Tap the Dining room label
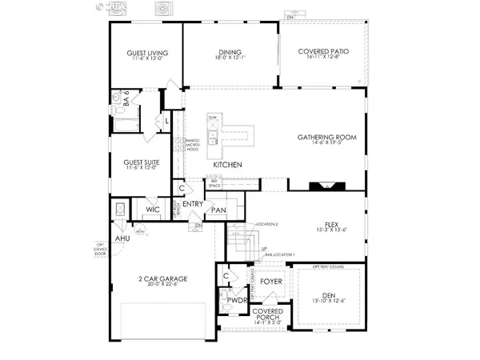[x=230, y=55]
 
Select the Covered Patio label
[x=324, y=55]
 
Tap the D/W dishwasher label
[x=213, y=118]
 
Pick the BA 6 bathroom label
[x=137, y=102]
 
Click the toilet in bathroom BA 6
[x=118, y=99]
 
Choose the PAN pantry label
[x=218, y=210]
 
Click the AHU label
[x=122, y=238]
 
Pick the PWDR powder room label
[x=234, y=302]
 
